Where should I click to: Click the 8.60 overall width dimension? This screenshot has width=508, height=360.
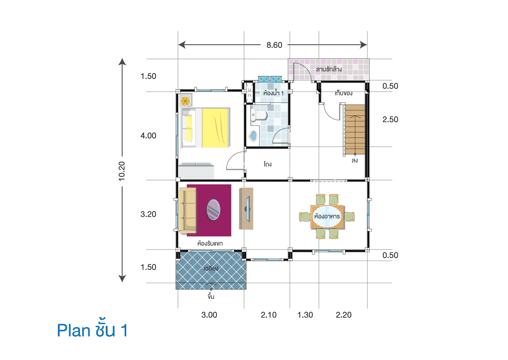(274, 45)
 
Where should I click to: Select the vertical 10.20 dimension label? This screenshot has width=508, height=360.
(122, 171)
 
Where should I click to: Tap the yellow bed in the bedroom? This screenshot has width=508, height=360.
(214, 128)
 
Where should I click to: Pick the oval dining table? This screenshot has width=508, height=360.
(327, 216)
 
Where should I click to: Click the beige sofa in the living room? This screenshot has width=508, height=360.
(188, 211)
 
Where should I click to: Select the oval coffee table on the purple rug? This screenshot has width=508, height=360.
(213, 210)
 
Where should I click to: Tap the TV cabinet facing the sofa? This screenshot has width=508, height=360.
(246, 209)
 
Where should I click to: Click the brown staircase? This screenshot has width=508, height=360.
(355, 129)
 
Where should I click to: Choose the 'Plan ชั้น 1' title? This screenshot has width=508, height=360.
(92, 330)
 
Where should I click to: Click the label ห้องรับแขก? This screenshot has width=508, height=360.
(210, 243)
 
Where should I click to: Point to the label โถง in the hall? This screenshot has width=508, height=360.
(267, 164)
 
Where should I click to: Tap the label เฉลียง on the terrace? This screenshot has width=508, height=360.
(211, 268)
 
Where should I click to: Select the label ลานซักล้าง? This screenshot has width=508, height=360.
(328, 69)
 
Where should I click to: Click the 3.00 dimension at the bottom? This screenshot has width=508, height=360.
(209, 315)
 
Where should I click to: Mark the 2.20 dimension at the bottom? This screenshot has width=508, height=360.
(343, 315)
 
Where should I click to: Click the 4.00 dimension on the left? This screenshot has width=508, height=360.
(148, 136)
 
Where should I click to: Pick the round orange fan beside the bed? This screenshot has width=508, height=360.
(185, 101)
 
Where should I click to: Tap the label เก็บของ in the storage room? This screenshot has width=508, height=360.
(343, 93)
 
